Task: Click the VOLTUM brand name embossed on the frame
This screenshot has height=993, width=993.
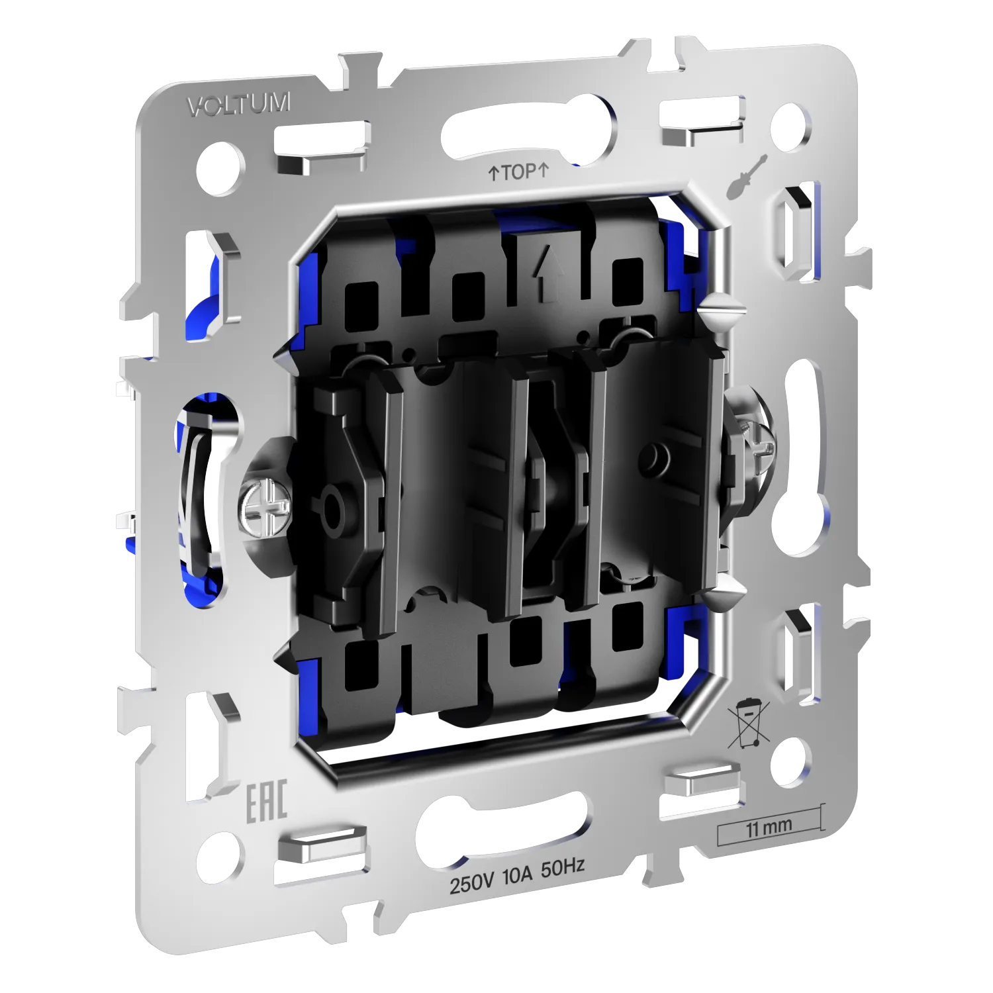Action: coord(239,105)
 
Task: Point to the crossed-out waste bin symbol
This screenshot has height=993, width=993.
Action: coord(748,723)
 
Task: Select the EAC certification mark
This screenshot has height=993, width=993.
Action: coord(267,802)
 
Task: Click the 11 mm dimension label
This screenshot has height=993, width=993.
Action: coord(769,827)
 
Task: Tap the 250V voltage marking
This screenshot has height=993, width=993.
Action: coord(472,882)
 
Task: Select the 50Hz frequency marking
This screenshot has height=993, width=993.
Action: coord(563,868)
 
